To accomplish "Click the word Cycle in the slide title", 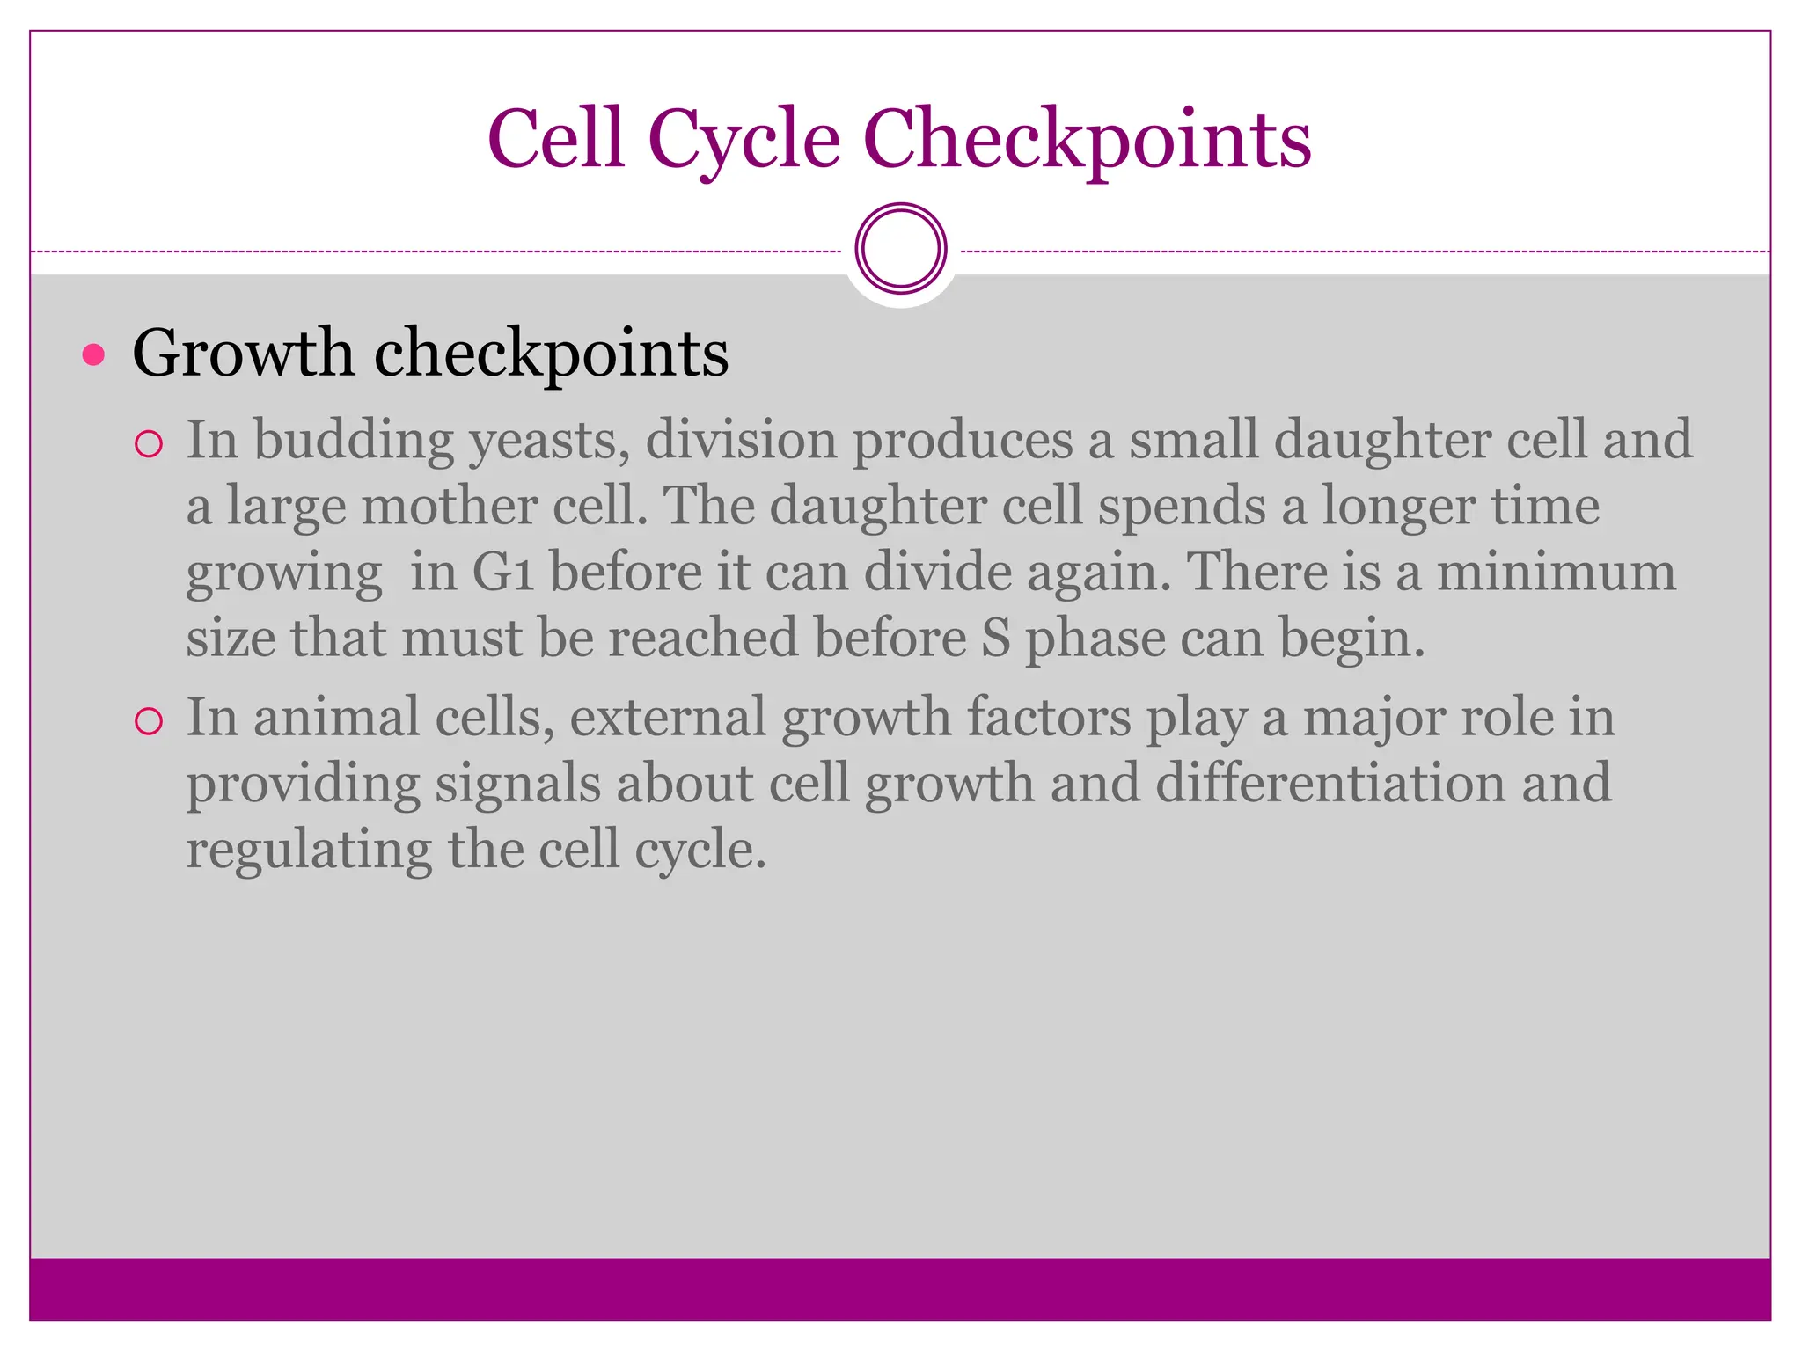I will coord(744,141).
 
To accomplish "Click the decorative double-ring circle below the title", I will coord(900,249).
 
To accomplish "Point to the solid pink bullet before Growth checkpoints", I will coord(93,355).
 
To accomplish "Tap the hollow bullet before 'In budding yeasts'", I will coord(150,444).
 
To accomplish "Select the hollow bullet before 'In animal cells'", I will coord(150,722).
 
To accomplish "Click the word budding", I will coord(354,440).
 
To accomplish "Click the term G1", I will coord(503,572).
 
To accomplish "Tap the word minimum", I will coord(1556,572).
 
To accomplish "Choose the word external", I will coord(668,717).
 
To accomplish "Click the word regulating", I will coord(309,851).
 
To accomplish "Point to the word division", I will coord(741,440).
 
